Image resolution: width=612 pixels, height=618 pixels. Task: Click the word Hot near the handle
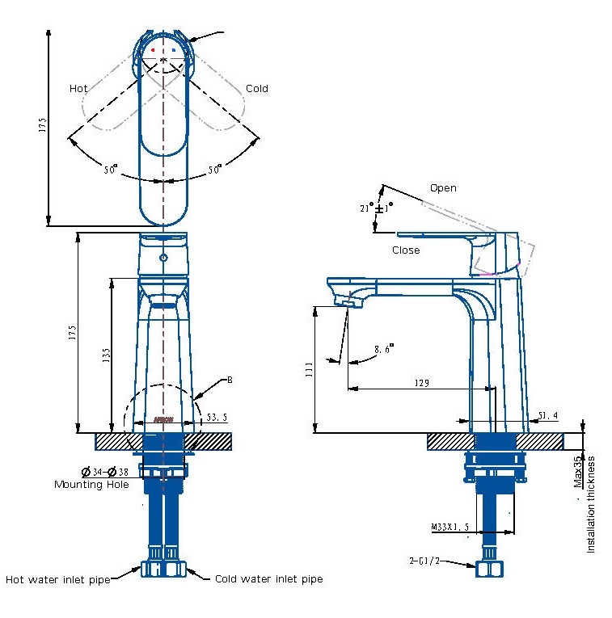tap(78, 88)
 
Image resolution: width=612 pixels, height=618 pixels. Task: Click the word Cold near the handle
tap(256, 88)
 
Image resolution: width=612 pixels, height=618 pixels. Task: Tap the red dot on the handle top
tap(153, 50)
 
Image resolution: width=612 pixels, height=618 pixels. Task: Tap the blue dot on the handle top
tap(173, 50)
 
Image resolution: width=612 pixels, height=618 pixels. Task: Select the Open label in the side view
tap(442, 188)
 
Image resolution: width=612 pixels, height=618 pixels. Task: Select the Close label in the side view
tap(406, 250)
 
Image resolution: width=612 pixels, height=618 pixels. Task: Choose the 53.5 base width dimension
tap(217, 418)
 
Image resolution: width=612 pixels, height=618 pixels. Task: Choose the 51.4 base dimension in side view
tap(547, 416)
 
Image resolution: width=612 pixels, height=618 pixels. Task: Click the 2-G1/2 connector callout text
tap(424, 559)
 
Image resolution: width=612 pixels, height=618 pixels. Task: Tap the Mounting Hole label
tap(91, 485)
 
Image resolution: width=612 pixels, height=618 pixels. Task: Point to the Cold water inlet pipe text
tap(268, 579)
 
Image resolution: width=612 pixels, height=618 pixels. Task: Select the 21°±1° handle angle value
tap(375, 208)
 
